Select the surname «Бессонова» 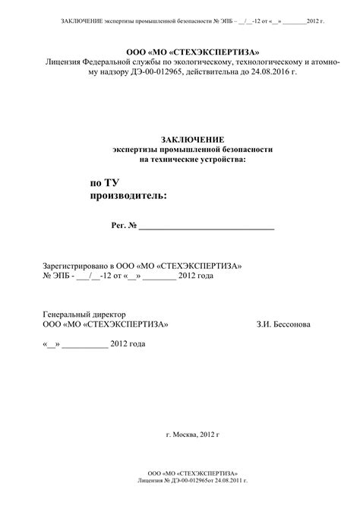[289, 324]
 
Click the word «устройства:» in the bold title [221, 160]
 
